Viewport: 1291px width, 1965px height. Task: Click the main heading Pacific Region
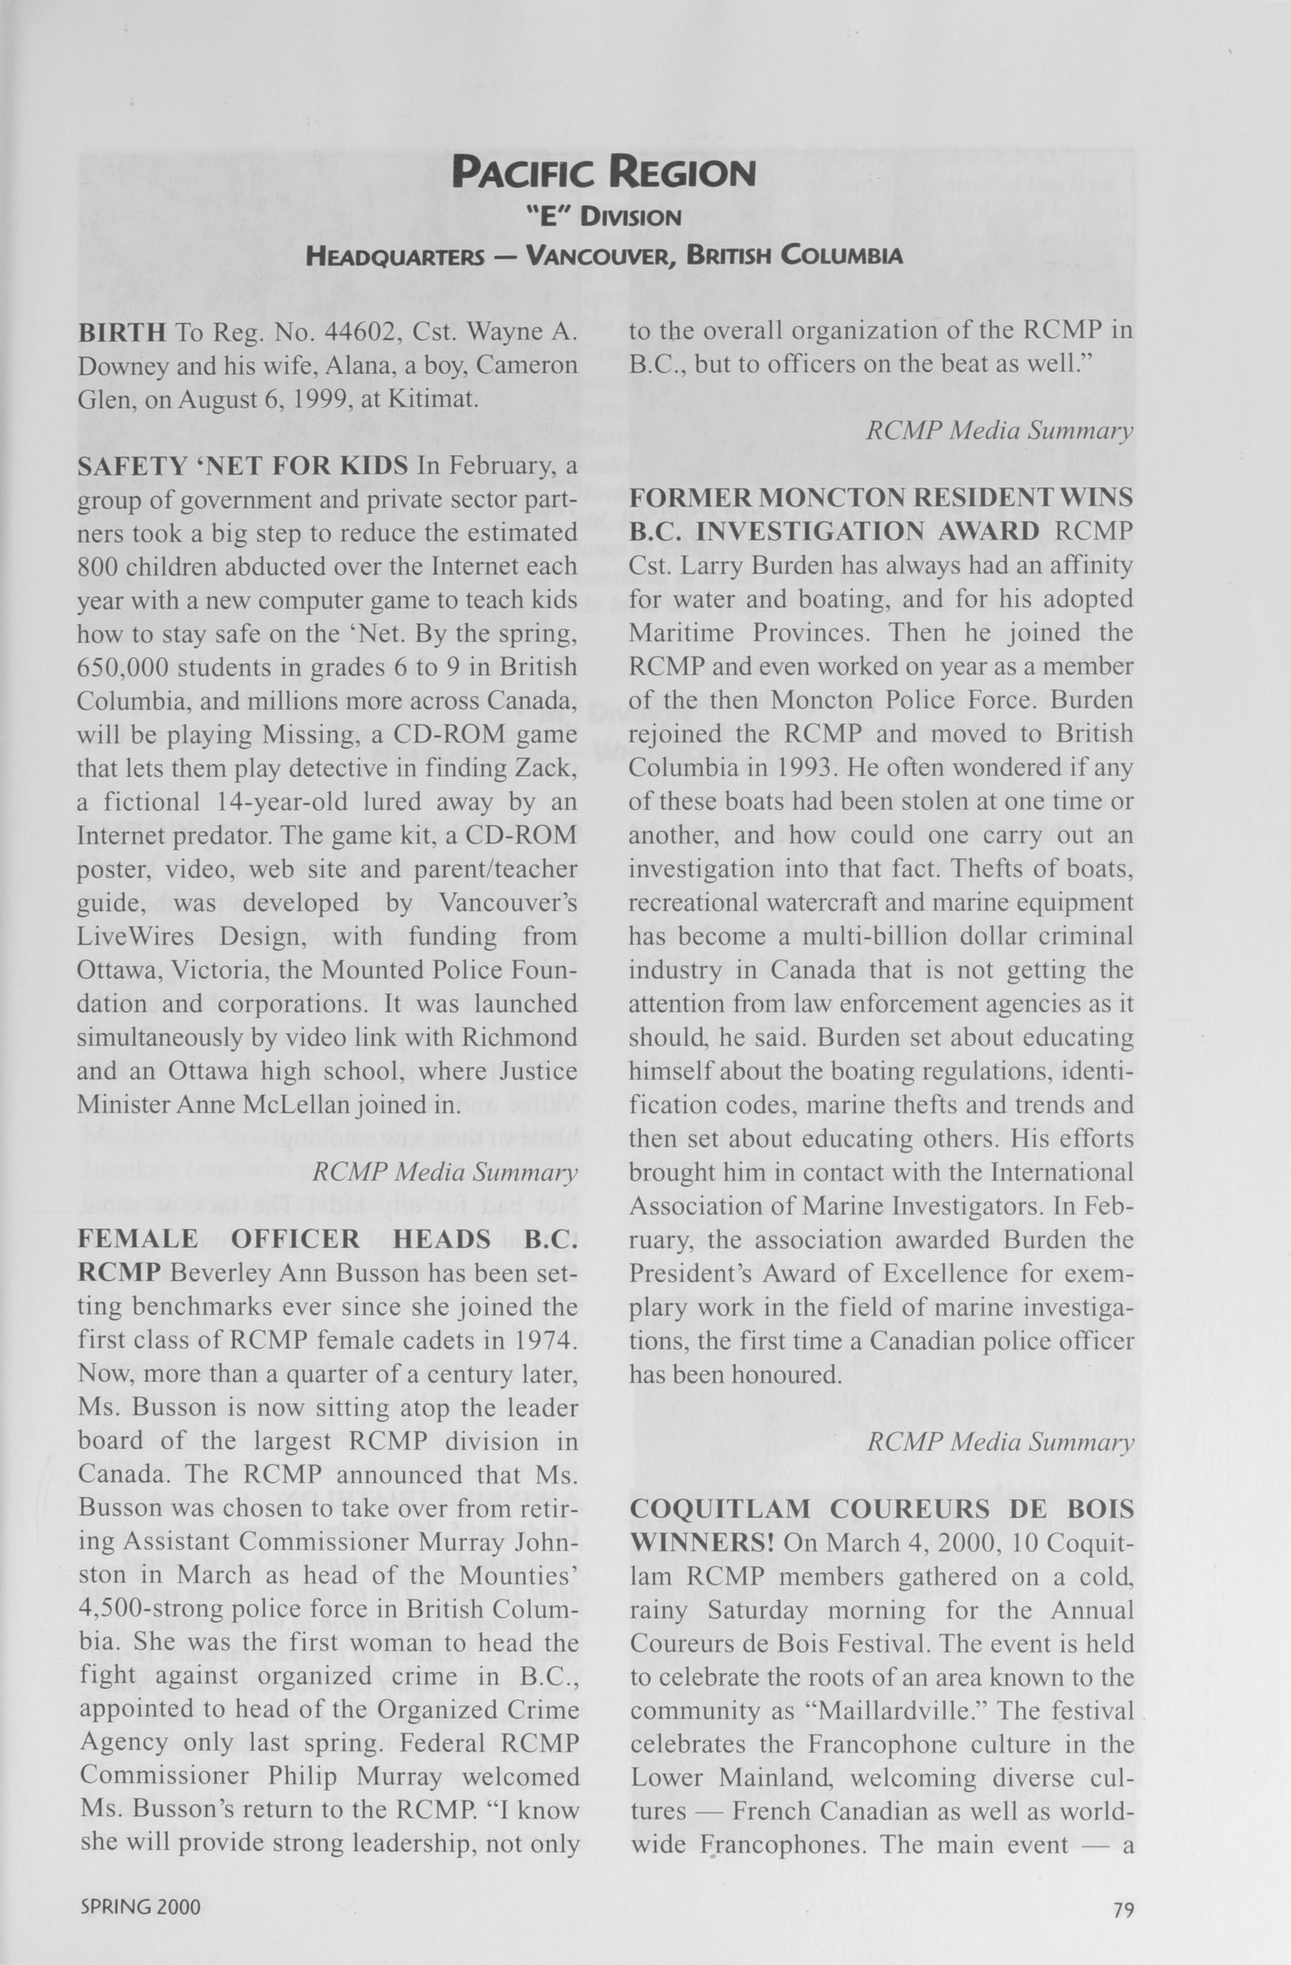point(604,173)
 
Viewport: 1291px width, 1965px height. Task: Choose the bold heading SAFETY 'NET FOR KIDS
point(243,467)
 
